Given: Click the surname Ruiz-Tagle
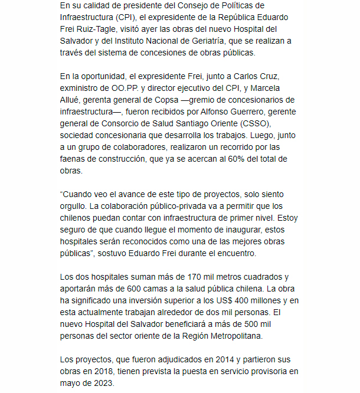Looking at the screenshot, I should click(99, 29).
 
